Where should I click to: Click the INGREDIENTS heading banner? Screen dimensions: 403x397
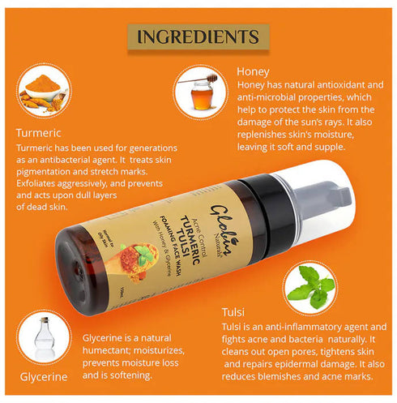198,36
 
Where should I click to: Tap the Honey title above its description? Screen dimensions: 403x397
253,71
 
